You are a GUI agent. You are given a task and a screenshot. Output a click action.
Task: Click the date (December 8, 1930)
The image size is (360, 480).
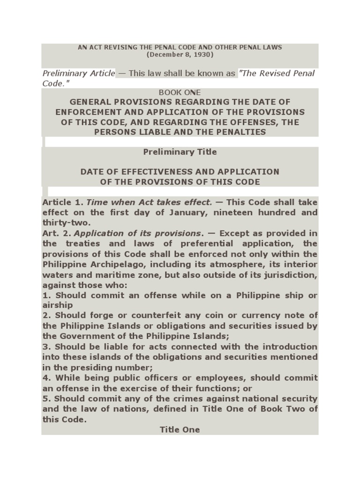click(x=180, y=55)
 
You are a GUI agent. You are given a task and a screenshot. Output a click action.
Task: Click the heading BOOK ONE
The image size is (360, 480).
click(x=180, y=92)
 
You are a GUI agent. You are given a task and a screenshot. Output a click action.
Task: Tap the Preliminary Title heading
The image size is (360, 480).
click(x=180, y=152)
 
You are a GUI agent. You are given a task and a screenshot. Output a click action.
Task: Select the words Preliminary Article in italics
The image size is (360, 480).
click(x=78, y=73)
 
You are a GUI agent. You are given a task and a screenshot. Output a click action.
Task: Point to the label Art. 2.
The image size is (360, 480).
click(x=56, y=233)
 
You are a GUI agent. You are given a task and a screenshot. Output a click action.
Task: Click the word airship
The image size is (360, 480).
click(x=56, y=305)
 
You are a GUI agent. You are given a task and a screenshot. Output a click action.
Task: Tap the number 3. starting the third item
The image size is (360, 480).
click(x=45, y=346)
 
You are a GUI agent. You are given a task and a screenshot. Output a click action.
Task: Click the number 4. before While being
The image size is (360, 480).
click(x=45, y=378)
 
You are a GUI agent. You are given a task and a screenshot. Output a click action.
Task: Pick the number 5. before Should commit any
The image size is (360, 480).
click(x=45, y=398)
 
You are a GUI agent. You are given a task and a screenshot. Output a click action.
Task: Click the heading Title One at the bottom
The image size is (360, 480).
click(x=180, y=429)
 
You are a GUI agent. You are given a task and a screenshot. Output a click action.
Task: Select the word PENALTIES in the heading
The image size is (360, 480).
click(x=241, y=132)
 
